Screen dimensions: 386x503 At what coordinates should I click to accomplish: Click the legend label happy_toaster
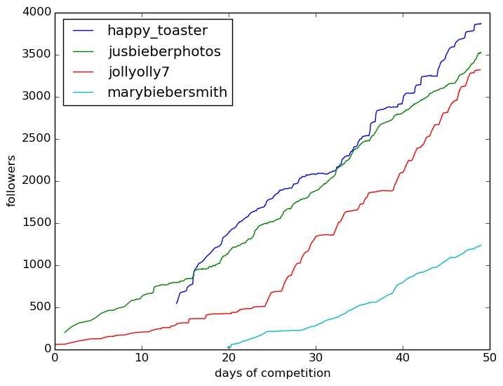[x=157, y=31]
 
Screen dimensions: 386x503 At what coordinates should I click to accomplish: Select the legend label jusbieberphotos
[x=164, y=51]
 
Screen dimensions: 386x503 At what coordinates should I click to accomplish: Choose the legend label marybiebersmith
[x=167, y=92]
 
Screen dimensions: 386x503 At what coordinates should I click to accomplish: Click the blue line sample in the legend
[x=83, y=31]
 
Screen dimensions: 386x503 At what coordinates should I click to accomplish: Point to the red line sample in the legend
[x=83, y=72]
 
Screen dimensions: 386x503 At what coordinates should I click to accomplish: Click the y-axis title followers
[x=11, y=180]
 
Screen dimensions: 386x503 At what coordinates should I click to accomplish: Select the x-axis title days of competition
[x=272, y=373]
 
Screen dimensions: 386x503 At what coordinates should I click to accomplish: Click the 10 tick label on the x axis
[x=142, y=358]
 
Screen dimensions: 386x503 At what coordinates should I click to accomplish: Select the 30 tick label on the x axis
[x=316, y=358]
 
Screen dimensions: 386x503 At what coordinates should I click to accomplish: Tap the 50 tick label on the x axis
[x=490, y=358]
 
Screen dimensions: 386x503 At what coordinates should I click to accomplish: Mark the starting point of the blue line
[x=177, y=303]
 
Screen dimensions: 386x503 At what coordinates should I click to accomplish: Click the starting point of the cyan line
[x=229, y=348]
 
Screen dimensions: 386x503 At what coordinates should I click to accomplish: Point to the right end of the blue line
[x=481, y=23]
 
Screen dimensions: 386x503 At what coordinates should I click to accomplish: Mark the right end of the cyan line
[x=481, y=245]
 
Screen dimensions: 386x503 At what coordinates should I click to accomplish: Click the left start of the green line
[x=65, y=332]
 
